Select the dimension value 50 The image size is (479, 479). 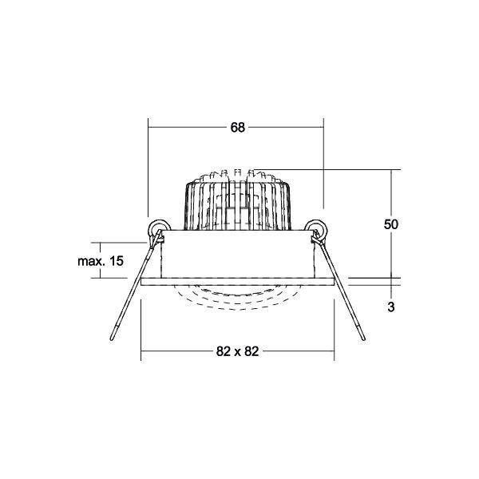pyautogui.click(x=390, y=224)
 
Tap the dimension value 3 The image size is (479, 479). pyautogui.click(x=390, y=306)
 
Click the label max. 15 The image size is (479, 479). pyautogui.click(x=101, y=261)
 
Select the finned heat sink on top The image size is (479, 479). pyautogui.click(x=236, y=200)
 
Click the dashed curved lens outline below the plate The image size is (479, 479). pyautogui.click(x=236, y=297)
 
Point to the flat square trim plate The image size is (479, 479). pyautogui.click(x=236, y=282)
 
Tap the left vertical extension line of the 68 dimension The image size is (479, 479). pyautogui.click(x=149, y=168)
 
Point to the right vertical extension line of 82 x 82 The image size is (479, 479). pyautogui.click(x=335, y=327)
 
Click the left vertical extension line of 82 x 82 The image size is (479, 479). pyautogui.click(x=141, y=327)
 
